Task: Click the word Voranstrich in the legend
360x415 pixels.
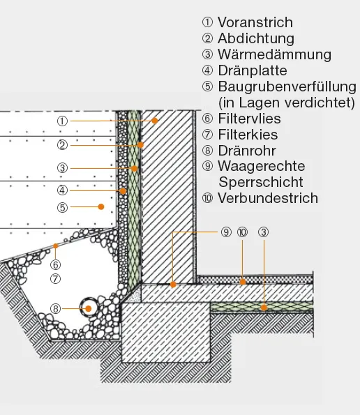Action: [255, 22]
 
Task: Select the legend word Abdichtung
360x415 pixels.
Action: [256, 38]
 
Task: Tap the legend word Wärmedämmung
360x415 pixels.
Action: [274, 54]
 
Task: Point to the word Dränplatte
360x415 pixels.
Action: [253, 70]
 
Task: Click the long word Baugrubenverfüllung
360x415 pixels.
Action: [287, 86]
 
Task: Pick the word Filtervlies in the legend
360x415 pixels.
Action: [249, 119]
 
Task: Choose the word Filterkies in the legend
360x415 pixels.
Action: [248, 135]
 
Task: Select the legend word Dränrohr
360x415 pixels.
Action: [247, 151]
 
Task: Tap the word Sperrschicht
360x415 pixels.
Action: [261, 182]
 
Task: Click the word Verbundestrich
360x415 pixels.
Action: [268, 198]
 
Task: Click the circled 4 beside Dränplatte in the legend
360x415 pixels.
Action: [207, 70]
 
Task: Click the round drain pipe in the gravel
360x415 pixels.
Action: [89, 308]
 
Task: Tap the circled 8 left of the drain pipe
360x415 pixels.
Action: [55, 308]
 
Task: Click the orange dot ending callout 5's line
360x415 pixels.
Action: [101, 206]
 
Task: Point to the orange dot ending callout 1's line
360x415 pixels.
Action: [155, 121]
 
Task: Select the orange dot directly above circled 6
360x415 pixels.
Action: [55, 246]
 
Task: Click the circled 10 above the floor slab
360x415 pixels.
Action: [242, 232]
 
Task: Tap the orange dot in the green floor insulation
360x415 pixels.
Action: [264, 308]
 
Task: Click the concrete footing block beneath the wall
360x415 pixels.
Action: [166, 333]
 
